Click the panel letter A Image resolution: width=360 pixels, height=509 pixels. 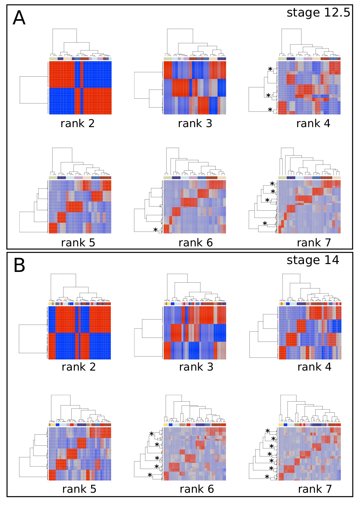(19, 18)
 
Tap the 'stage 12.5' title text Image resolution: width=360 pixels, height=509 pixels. (318, 13)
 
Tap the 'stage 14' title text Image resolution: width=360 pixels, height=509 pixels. (313, 260)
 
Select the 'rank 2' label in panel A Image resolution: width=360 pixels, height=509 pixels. (77, 124)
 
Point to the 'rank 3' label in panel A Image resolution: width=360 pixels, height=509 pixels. (195, 124)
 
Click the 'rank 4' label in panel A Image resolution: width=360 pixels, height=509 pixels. (313, 124)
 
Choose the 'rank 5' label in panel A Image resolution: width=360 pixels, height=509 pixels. (78, 243)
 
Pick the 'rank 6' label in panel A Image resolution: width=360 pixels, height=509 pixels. (196, 243)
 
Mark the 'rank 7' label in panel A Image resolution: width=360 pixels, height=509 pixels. (314, 243)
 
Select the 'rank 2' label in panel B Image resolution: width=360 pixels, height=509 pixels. (79, 367)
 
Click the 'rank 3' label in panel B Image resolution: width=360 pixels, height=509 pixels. (196, 367)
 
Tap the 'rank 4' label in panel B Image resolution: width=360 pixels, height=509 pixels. (314, 367)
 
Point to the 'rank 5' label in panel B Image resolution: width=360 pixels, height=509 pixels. (79, 489)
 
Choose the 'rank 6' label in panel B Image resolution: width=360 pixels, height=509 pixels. (197, 489)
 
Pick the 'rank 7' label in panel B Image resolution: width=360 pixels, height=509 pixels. (315, 489)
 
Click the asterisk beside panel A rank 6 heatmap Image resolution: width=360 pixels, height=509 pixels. (155, 230)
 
